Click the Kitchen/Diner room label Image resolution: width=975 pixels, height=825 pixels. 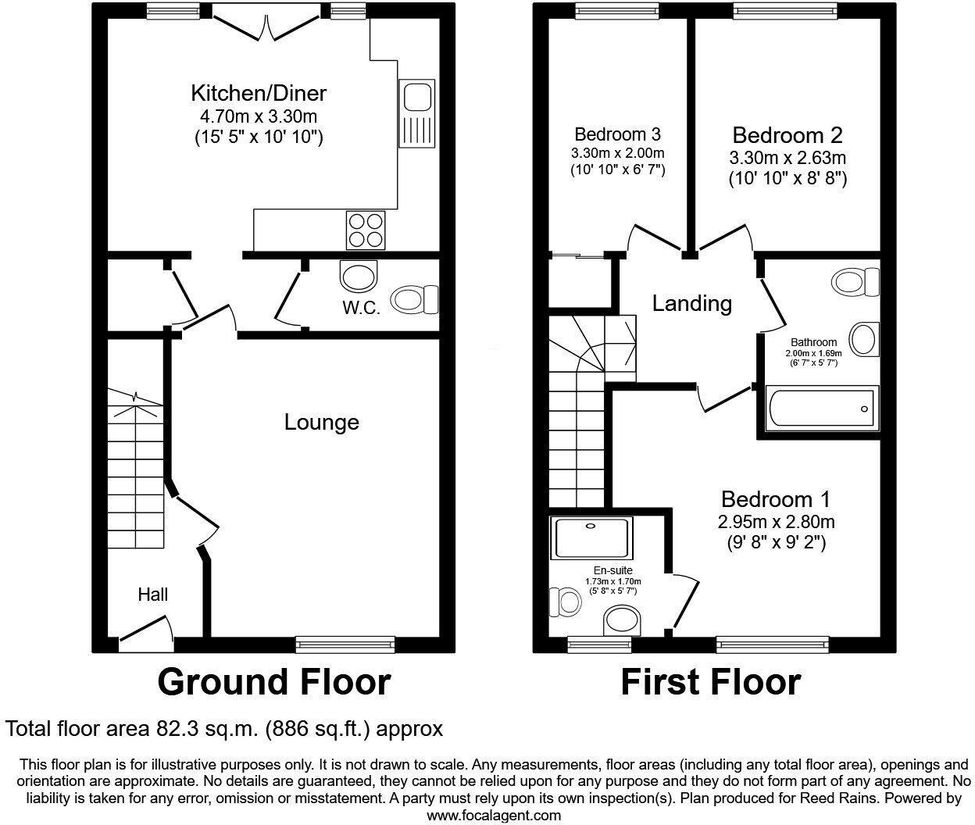coord(259,94)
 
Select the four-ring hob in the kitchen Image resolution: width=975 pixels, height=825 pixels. coord(366,230)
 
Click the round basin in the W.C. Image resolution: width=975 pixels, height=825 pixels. coord(359,277)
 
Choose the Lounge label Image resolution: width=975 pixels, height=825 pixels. coord(321,423)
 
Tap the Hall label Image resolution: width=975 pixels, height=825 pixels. coord(153,595)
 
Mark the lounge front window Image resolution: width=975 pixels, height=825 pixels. coord(345,645)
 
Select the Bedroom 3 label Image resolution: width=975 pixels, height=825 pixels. coord(618,134)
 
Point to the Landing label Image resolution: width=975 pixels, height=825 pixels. coord(691,303)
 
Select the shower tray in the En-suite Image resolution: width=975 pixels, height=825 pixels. coord(591,538)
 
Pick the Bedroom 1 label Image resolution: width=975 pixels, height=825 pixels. coord(775,499)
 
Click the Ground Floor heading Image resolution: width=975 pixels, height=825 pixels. coord(273,682)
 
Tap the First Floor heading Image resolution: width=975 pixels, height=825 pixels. coord(710,682)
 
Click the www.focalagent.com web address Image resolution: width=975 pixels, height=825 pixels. coord(494,816)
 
